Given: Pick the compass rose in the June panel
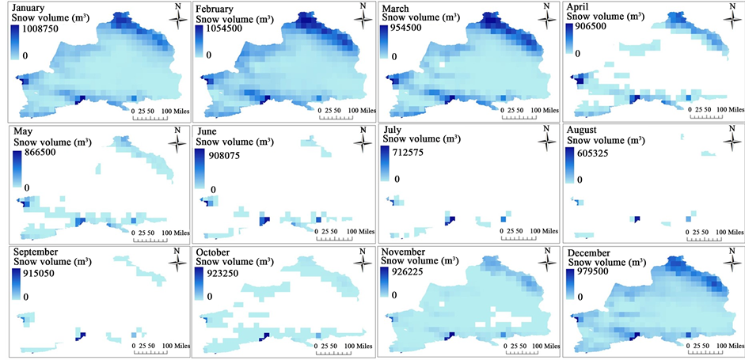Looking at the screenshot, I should coord(362,140).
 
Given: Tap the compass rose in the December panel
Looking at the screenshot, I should coord(729,263).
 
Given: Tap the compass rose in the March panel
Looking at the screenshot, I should coord(546,17).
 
